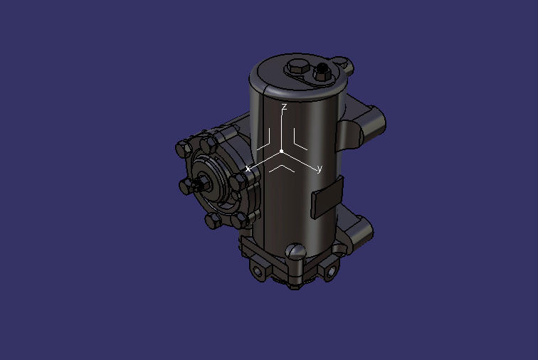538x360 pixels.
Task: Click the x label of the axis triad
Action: coord(248,169)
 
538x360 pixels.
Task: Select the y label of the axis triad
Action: coord(320,169)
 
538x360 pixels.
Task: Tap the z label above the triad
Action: coord(284,107)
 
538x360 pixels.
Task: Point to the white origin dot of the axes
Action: coord(282,152)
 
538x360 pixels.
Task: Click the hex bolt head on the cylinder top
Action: coord(297,68)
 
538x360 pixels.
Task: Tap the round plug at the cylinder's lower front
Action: coord(296,251)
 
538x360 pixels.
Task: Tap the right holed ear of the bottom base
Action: coord(331,270)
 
